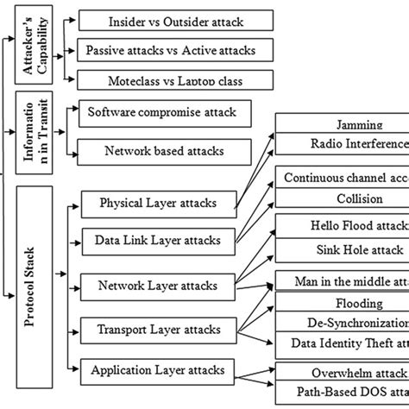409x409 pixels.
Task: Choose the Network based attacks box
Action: [164, 149]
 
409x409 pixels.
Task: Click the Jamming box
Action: [343, 124]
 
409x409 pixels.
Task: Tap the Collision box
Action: [343, 198]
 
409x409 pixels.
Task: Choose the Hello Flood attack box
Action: [343, 226]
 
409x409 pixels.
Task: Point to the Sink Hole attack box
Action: [343, 250]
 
